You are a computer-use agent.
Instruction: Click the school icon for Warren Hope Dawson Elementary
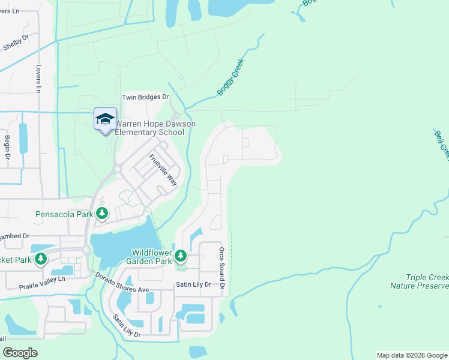click(x=105, y=118)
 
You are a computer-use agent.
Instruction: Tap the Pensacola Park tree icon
click(x=103, y=214)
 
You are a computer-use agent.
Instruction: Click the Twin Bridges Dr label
click(x=146, y=97)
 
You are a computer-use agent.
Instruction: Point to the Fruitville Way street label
click(x=163, y=170)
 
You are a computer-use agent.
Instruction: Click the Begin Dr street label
click(x=8, y=147)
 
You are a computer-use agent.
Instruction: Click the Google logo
click(x=20, y=353)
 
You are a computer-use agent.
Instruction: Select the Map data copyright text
click(x=412, y=355)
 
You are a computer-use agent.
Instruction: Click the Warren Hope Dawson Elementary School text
click(x=155, y=128)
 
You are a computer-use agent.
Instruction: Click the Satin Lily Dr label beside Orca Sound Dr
click(x=194, y=284)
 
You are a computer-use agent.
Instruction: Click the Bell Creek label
click(x=442, y=144)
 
